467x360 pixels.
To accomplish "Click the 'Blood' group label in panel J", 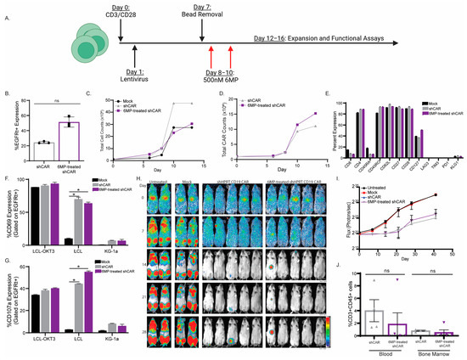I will click(377, 350).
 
